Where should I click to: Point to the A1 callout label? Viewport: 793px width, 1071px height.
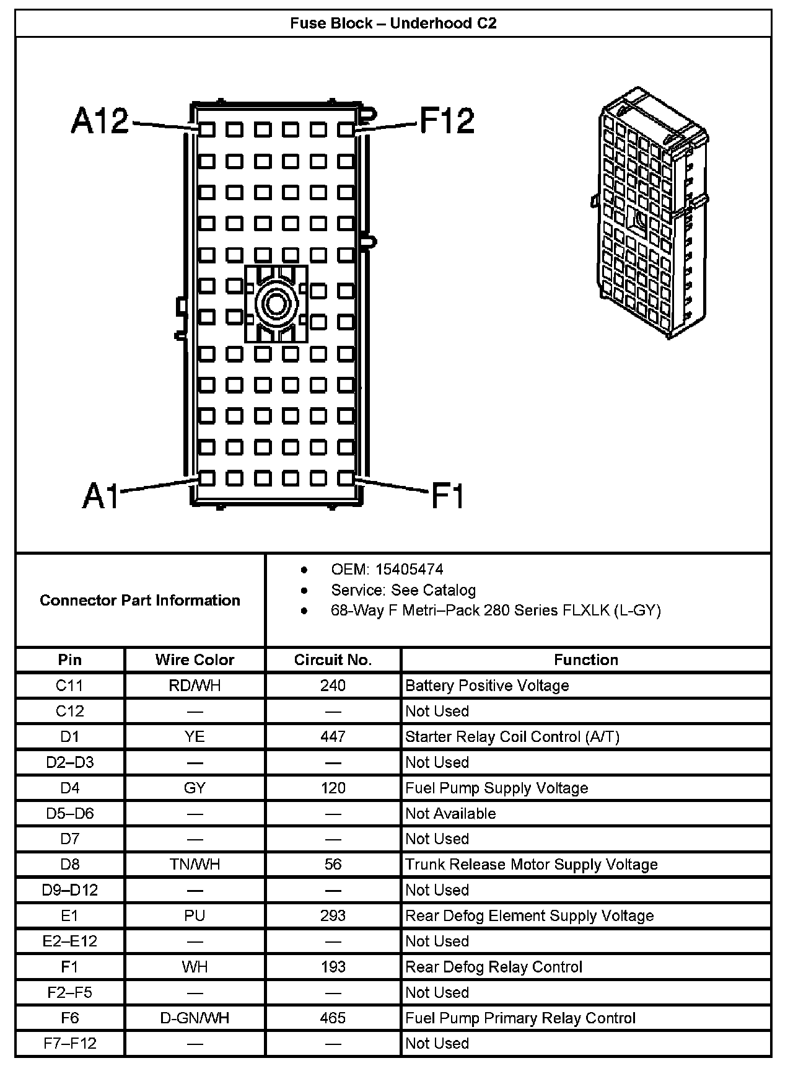(x=100, y=495)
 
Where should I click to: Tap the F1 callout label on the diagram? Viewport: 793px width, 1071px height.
(x=447, y=495)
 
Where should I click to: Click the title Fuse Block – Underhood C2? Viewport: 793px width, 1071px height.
(x=393, y=24)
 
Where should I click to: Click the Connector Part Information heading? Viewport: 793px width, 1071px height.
(x=140, y=600)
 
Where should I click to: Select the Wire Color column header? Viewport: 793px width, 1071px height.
(x=195, y=659)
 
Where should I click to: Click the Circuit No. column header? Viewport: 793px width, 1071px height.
(x=333, y=659)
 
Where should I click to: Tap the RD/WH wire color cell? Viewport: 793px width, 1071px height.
(x=195, y=685)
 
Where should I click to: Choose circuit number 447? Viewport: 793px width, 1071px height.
(x=333, y=736)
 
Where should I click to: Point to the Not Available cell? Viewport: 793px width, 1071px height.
(x=450, y=813)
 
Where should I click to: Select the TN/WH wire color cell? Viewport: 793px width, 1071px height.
(x=195, y=864)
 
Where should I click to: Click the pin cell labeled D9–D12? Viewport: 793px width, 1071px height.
(x=70, y=890)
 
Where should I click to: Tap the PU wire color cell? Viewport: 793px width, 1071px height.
(x=195, y=915)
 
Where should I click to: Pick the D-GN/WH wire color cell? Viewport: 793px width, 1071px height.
(x=195, y=1018)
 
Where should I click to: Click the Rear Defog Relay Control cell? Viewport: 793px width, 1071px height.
(x=494, y=967)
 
